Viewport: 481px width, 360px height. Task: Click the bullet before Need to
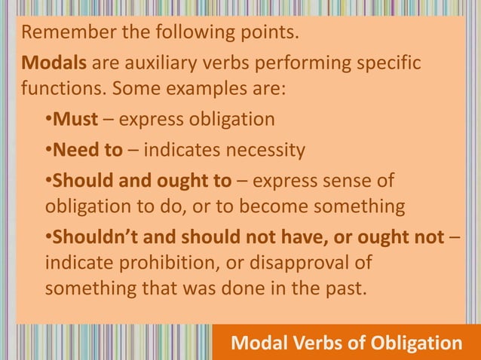click(x=47, y=151)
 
